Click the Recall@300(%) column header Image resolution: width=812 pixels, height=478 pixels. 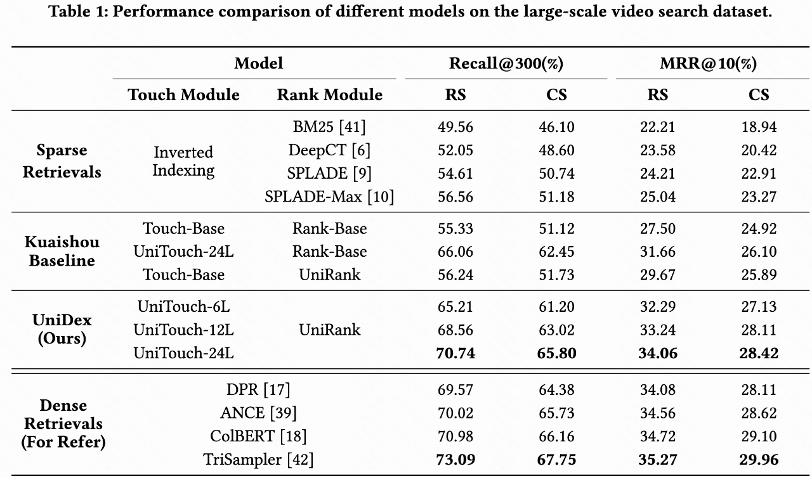[x=506, y=63]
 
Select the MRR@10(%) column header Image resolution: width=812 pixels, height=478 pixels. [x=708, y=63]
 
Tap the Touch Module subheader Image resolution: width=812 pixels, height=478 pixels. [x=183, y=95]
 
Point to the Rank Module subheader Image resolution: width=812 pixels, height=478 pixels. [x=330, y=95]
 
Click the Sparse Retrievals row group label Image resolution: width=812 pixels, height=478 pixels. [x=62, y=161]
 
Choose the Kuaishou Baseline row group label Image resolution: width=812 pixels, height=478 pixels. [x=62, y=252]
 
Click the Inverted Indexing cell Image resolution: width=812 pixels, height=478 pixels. [x=183, y=161]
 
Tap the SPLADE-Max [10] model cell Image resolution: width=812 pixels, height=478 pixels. [x=329, y=197]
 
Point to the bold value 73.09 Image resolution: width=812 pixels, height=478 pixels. [x=455, y=459]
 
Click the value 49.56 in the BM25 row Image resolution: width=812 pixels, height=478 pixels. [x=455, y=127]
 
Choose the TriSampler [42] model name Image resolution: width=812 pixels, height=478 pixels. [x=258, y=459]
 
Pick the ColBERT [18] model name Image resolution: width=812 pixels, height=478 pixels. [x=258, y=436]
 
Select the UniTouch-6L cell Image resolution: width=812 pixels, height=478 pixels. [x=183, y=307]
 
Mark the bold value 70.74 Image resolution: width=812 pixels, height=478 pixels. [x=455, y=353]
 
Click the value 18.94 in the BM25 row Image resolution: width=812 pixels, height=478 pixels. [x=759, y=127]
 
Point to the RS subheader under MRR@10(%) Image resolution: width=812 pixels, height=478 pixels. [x=658, y=95]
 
